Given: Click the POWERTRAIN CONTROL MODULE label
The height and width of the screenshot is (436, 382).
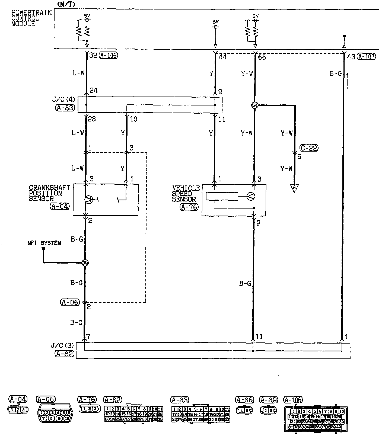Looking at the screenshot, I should [x=31, y=18].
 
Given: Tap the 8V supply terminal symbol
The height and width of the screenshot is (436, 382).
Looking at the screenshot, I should [x=215, y=27].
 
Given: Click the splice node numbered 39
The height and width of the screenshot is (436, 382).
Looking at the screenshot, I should [x=85, y=262].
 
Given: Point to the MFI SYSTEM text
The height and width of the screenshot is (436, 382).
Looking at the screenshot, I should [x=44, y=243].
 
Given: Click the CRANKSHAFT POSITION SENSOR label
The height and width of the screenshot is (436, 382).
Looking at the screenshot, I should [x=49, y=193].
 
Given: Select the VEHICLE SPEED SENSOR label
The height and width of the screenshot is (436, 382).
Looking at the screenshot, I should [x=186, y=194].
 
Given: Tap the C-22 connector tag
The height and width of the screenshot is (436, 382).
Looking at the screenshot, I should [x=309, y=148].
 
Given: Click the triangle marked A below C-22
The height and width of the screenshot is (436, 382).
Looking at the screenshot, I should [x=294, y=188].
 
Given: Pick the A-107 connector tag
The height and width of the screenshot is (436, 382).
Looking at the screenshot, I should [x=367, y=57].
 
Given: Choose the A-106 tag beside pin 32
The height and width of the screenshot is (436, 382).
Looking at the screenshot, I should [x=108, y=55].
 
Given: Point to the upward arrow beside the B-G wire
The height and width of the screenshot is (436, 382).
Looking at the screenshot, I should [x=348, y=80].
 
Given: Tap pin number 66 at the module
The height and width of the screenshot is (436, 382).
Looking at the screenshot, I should [x=262, y=57].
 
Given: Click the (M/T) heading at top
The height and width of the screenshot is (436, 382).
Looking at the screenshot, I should [x=66, y=4].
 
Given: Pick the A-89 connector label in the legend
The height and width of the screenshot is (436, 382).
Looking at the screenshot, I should [x=269, y=400].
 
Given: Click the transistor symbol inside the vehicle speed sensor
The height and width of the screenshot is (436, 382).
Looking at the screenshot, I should [x=251, y=196].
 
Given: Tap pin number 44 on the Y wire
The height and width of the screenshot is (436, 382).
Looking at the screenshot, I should [x=222, y=57].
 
